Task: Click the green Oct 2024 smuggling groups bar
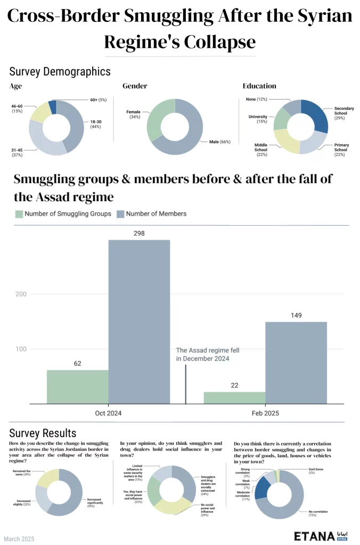[x=78, y=387]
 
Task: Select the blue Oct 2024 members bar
[x=140, y=322]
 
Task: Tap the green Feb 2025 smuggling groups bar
[x=234, y=398]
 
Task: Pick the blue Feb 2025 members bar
[x=296, y=363]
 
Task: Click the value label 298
[x=140, y=233]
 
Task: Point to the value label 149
[x=296, y=315]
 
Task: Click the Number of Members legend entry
[x=152, y=213]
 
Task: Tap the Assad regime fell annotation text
[x=203, y=354]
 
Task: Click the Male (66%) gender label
[x=218, y=142]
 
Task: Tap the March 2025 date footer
[x=19, y=539]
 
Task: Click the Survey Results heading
[x=43, y=433]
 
